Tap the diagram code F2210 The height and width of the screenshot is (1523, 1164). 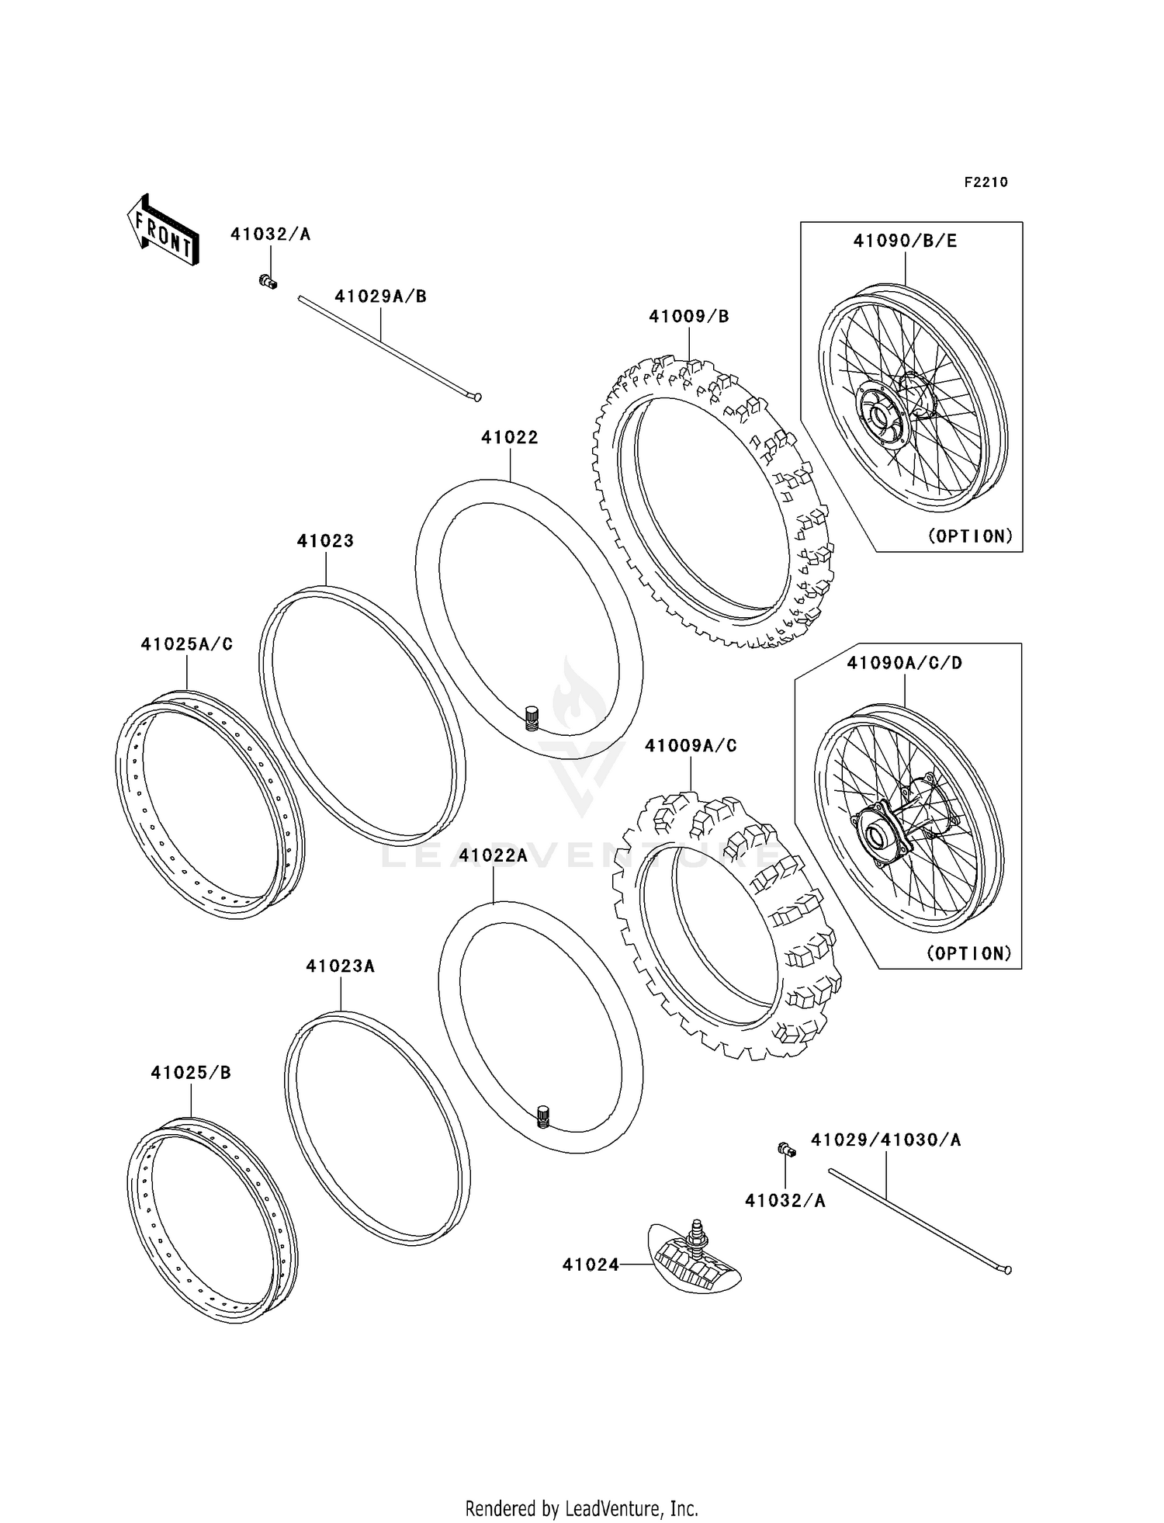pos(986,182)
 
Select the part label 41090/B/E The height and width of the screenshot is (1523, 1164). pos(905,241)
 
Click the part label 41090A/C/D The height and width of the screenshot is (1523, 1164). pos(904,663)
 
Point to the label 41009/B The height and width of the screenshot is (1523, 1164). pos(689,317)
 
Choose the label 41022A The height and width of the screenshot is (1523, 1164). pos(493,855)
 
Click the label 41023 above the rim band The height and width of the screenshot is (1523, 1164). pos(325,541)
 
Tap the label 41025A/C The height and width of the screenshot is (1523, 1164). pos(186,644)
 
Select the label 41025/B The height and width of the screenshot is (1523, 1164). pos(191,1073)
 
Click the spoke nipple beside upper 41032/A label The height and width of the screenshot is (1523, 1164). pos(268,280)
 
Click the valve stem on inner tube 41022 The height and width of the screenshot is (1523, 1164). pos(532,717)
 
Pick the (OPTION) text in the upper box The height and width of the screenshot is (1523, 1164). pos(970,536)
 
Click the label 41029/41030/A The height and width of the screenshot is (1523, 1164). pos(885,1140)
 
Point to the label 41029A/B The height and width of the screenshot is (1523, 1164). pos(380,297)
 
